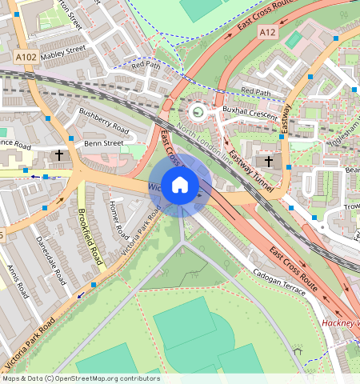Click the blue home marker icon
[x=180, y=185]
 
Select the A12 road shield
[x=268, y=32]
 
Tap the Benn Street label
[x=104, y=143]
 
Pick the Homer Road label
[x=118, y=222]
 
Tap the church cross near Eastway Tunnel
[x=269, y=162]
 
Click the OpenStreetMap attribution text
[x=80, y=378]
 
